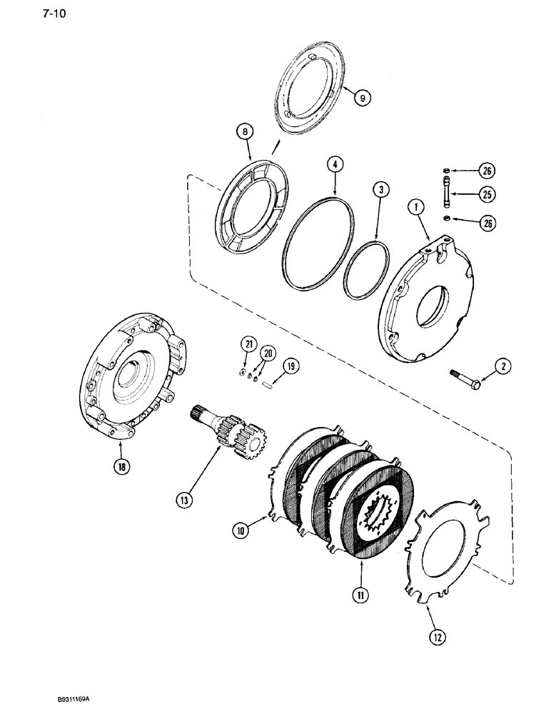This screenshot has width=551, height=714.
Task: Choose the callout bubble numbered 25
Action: point(487,194)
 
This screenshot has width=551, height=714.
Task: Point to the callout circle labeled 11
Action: point(359,590)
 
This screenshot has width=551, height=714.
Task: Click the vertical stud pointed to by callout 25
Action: point(447,194)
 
